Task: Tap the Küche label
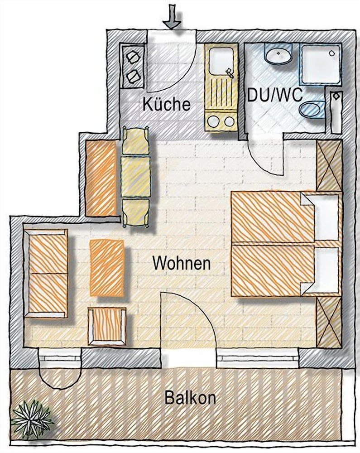click(x=166, y=104)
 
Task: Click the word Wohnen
click(x=182, y=263)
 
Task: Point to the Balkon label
click(x=190, y=399)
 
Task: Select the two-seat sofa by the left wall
click(x=47, y=273)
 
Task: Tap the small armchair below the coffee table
click(x=107, y=326)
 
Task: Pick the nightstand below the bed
click(x=329, y=322)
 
